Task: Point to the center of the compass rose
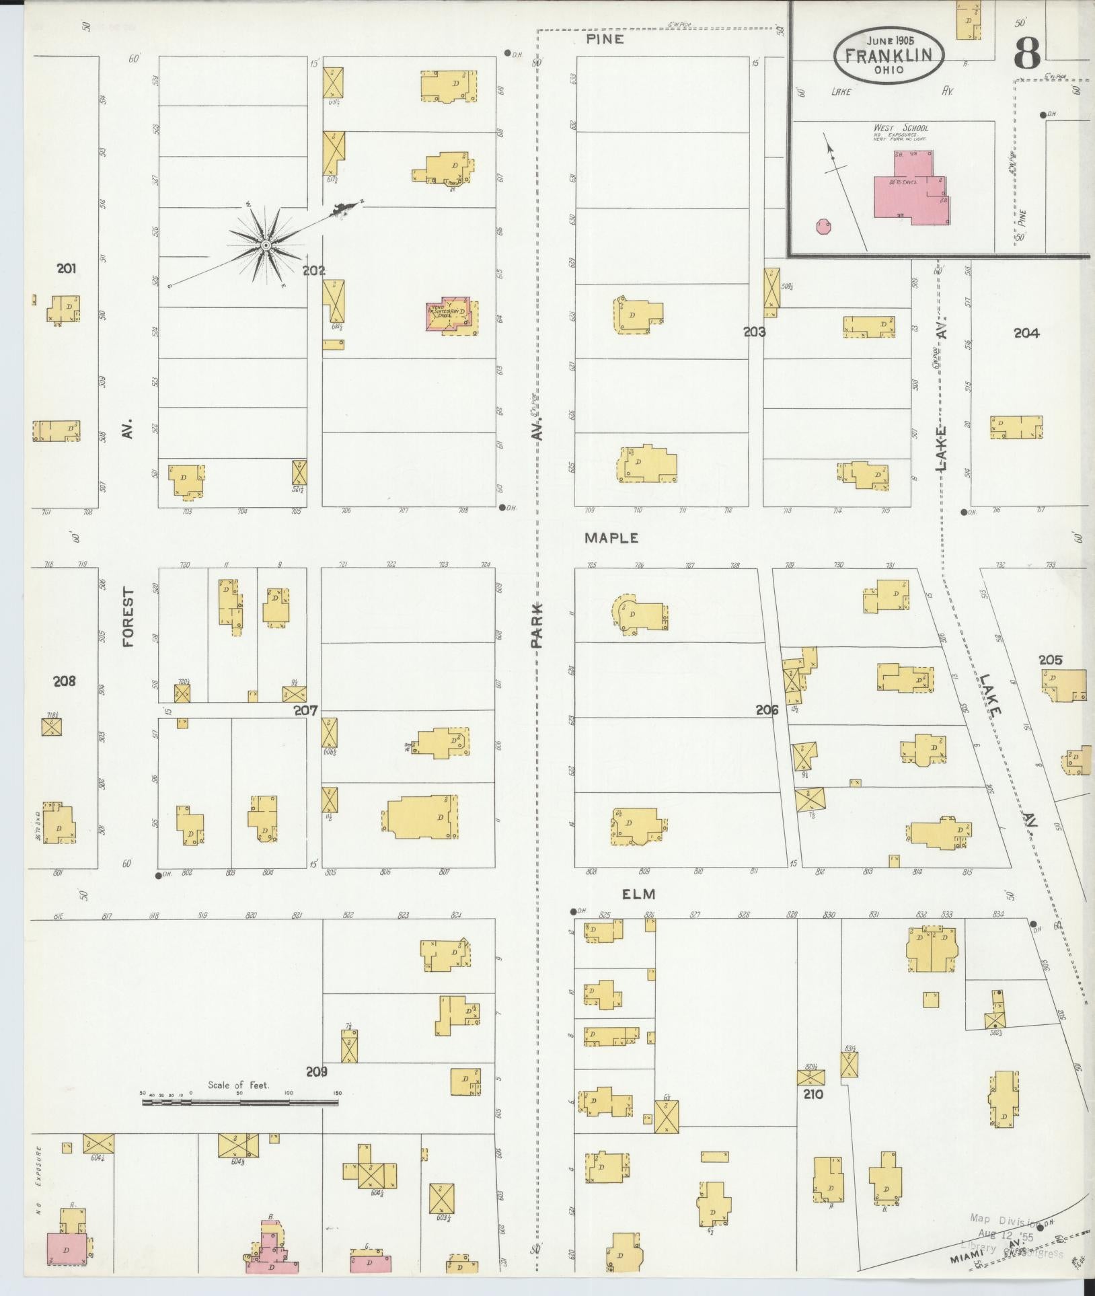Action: [x=265, y=245]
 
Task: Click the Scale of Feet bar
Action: [x=239, y=1102]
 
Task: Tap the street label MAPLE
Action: [x=611, y=538]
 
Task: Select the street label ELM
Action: [x=638, y=894]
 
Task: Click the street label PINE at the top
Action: [x=605, y=39]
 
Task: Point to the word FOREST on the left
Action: [x=128, y=618]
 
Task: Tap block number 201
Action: [x=66, y=269]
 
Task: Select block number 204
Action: [x=1026, y=332]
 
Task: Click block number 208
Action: [x=65, y=681]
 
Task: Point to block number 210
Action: [x=813, y=1094]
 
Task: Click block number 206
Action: [x=767, y=710]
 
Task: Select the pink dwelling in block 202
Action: [x=450, y=314]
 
